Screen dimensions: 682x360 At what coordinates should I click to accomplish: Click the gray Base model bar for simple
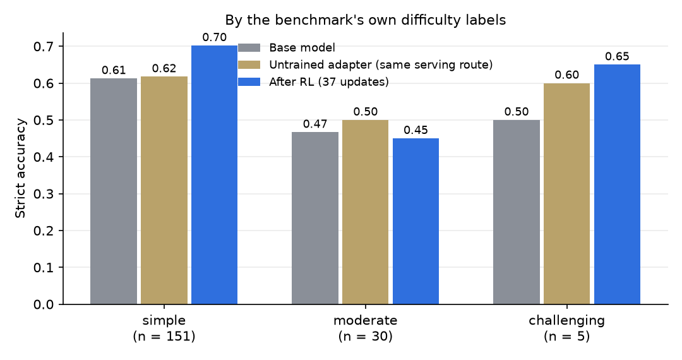pyautogui.click(x=114, y=191)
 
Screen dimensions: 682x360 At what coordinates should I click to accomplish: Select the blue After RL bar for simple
pyautogui.click(x=215, y=175)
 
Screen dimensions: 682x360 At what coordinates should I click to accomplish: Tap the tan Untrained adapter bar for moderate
pyautogui.click(x=366, y=212)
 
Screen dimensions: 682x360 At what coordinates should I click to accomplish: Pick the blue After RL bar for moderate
pyautogui.click(x=416, y=221)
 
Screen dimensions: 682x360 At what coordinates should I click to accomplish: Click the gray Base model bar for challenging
pyautogui.click(x=517, y=212)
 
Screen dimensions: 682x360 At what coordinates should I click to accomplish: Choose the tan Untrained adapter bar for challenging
pyautogui.click(x=566, y=194)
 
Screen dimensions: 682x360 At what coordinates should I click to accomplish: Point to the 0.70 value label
pyautogui.click(x=215, y=37)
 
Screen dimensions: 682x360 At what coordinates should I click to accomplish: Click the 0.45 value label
pyautogui.click(x=416, y=130)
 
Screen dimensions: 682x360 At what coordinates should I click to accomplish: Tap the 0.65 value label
pyautogui.click(x=617, y=56)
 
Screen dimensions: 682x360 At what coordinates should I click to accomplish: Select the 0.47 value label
pyautogui.click(x=315, y=124)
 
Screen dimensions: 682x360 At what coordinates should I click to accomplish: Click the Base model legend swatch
pyautogui.click(x=249, y=47)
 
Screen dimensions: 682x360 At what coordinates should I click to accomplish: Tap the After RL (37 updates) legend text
pyautogui.click(x=329, y=81)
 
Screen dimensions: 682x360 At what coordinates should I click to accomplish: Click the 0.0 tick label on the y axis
pyautogui.click(x=44, y=304)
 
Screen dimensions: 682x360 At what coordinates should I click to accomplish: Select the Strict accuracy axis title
pyautogui.click(x=20, y=168)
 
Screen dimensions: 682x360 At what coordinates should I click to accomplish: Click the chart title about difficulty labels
pyautogui.click(x=366, y=20)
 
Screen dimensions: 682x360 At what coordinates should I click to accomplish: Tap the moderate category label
pyautogui.click(x=366, y=320)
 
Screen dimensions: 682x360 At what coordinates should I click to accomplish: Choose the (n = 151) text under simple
pyautogui.click(x=164, y=336)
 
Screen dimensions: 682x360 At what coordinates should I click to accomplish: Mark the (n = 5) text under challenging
pyautogui.click(x=566, y=336)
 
